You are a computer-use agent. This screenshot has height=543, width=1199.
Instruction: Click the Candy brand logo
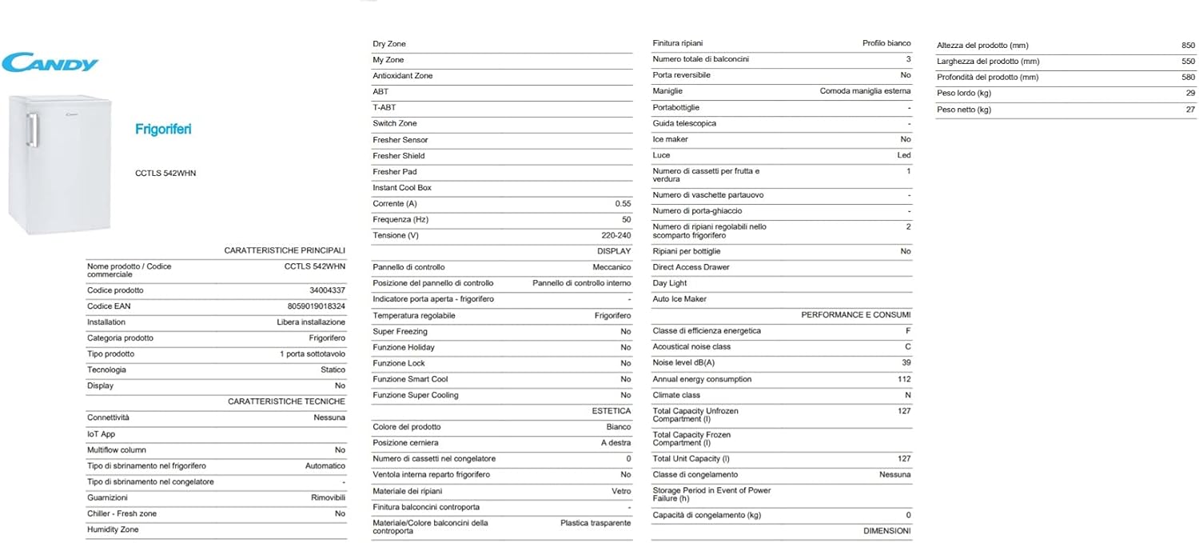click(x=50, y=62)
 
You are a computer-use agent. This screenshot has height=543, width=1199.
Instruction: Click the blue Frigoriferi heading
click(x=163, y=129)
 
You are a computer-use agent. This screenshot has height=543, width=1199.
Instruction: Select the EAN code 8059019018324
click(x=316, y=306)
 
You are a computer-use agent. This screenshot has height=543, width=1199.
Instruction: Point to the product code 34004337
click(x=329, y=290)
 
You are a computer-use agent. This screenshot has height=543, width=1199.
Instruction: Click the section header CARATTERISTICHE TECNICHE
click(x=286, y=401)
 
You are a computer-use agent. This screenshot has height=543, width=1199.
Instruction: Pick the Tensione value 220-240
click(x=614, y=236)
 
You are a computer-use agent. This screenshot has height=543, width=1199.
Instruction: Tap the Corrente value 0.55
click(x=622, y=204)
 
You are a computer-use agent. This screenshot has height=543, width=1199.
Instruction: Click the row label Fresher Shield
click(x=398, y=156)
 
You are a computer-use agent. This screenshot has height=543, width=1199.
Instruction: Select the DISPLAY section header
click(x=614, y=251)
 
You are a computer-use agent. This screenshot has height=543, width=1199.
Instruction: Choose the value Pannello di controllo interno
click(x=581, y=283)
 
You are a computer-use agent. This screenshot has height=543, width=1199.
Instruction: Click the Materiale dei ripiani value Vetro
click(x=621, y=491)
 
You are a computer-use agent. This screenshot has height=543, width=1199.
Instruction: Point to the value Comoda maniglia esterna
click(x=865, y=91)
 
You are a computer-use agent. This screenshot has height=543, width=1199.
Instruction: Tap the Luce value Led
click(x=904, y=155)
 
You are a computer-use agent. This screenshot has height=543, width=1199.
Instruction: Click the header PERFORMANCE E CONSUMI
click(x=855, y=315)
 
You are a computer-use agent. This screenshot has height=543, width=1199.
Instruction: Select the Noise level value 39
click(x=906, y=363)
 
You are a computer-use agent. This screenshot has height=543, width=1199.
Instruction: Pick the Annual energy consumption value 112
click(x=904, y=379)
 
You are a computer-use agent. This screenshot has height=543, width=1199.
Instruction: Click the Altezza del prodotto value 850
click(x=1188, y=46)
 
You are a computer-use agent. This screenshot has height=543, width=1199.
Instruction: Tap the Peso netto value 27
click(x=1190, y=110)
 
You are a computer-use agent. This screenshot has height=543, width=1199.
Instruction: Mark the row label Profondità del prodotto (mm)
click(x=987, y=78)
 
